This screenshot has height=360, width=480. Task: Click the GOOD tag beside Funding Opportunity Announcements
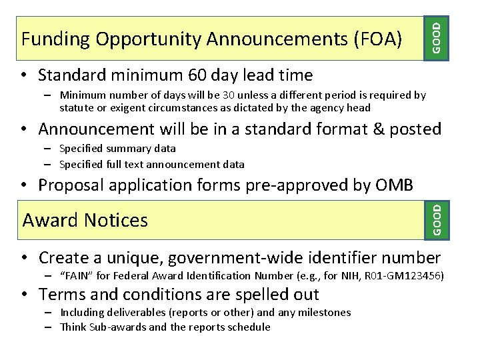point(436,37)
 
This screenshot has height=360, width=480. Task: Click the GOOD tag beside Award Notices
point(436,219)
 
